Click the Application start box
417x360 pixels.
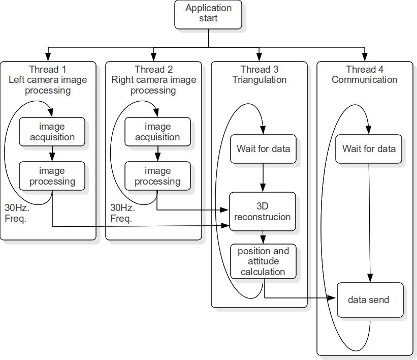tap(208, 14)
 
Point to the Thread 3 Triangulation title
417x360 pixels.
tap(259, 75)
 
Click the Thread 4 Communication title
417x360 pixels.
tap(365, 75)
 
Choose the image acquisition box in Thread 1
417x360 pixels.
tap(52, 132)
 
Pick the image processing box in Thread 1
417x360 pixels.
tap(52, 176)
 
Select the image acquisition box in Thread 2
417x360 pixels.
tap(157, 132)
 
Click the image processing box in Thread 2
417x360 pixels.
tap(157, 176)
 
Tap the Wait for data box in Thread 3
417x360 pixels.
tap(263, 149)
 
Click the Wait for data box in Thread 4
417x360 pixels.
tap(369, 149)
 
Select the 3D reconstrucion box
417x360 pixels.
tap(263, 212)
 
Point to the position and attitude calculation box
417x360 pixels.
tap(263, 261)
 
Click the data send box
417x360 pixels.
tap(370, 300)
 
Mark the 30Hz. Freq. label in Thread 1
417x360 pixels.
tap(17, 213)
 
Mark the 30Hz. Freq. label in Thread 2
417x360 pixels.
tap(122, 213)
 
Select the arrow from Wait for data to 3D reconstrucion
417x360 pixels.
tap(263, 177)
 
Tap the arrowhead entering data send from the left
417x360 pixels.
tap(334, 298)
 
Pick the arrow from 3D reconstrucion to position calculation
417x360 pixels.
tap(263, 237)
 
